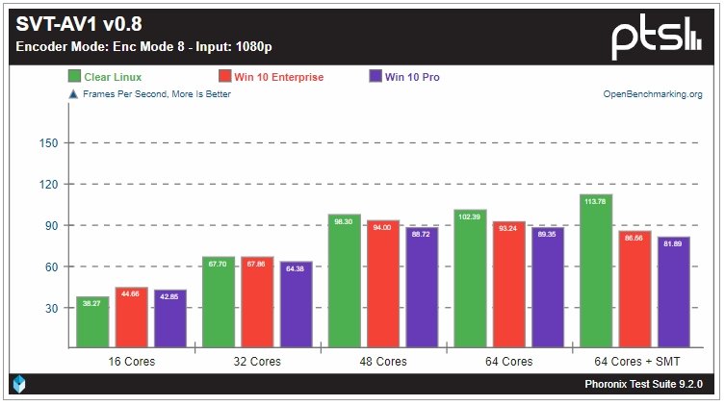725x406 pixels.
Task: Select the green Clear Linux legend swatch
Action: [x=74, y=77]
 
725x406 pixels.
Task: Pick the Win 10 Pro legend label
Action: [x=412, y=77]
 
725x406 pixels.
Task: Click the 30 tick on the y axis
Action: [x=50, y=309]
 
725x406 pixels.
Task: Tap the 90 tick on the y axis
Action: [x=50, y=226]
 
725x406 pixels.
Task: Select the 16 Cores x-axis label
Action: [x=131, y=362]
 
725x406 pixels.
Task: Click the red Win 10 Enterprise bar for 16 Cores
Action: [x=132, y=317]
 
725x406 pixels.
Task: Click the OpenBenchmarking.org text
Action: [x=652, y=94]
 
